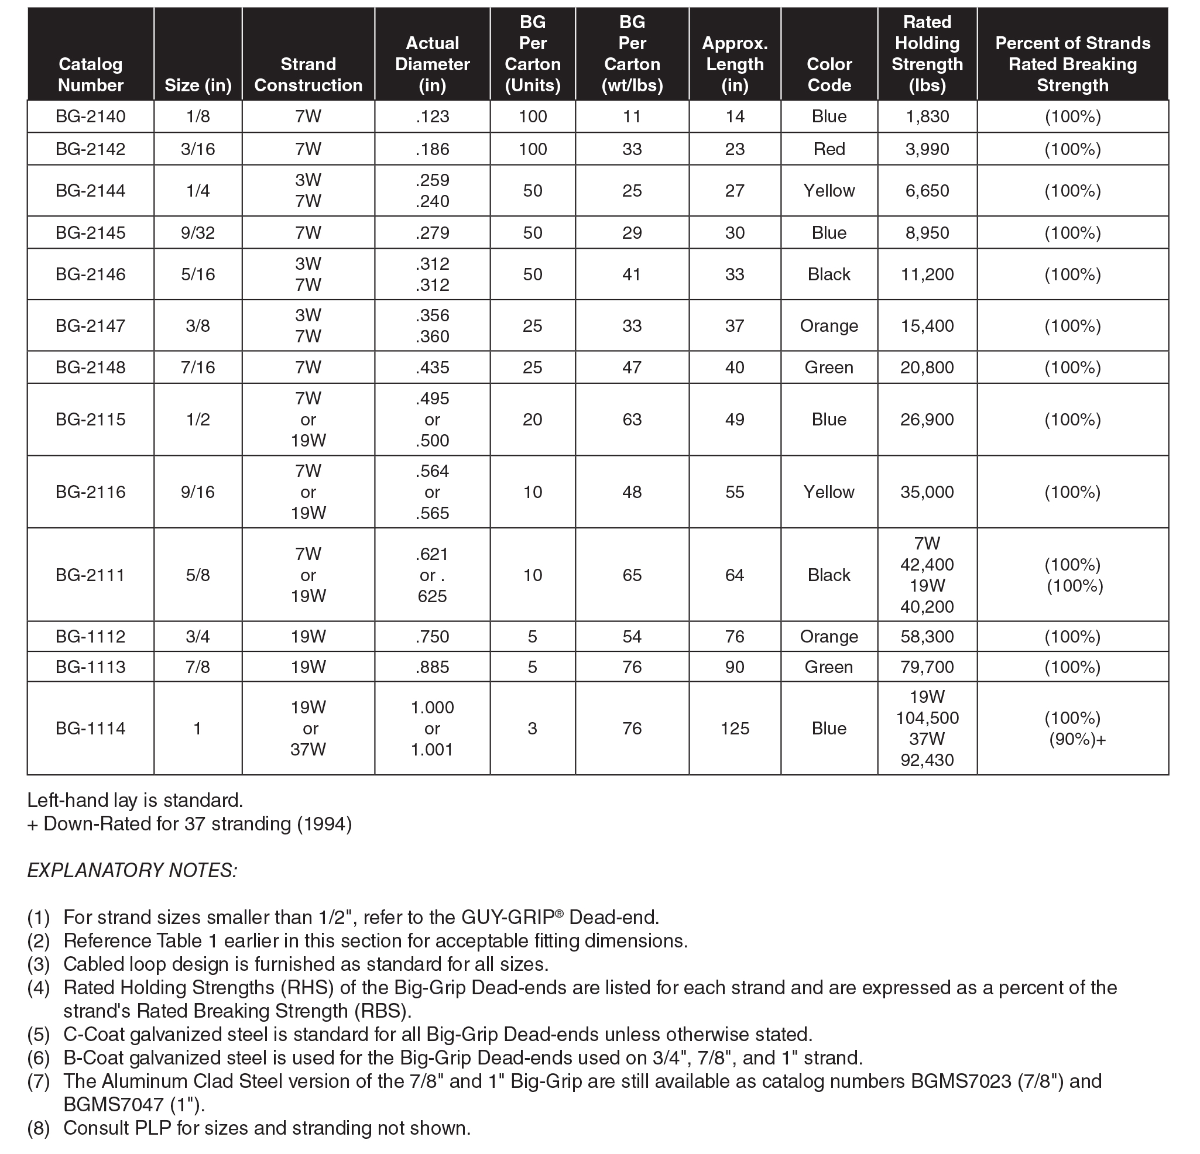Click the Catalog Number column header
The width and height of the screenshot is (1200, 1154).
(91, 74)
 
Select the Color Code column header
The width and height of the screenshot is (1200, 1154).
(829, 74)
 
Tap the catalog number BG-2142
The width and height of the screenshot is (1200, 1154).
(91, 149)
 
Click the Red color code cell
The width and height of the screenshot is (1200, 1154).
(829, 149)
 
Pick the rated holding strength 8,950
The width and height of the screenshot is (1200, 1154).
(927, 233)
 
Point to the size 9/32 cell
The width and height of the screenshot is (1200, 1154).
(198, 233)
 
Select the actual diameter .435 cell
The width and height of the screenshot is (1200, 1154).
(432, 368)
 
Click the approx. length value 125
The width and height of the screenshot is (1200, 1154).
(735, 729)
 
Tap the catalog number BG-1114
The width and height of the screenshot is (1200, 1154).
(91, 729)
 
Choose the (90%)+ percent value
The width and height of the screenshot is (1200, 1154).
(1077, 740)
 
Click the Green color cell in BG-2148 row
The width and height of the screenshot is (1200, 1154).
(829, 368)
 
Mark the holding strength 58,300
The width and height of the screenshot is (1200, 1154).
(927, 637)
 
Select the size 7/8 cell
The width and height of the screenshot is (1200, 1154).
(198, 667)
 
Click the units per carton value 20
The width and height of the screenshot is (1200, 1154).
(532, 420)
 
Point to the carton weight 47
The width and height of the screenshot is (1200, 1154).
(632, 368)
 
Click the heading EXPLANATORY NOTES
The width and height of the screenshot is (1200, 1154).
(132, 870)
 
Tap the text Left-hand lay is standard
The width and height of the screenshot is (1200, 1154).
(135, 800)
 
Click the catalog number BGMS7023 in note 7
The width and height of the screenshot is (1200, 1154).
(959, 1081)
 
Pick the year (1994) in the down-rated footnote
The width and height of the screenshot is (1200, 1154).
(324, 824)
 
